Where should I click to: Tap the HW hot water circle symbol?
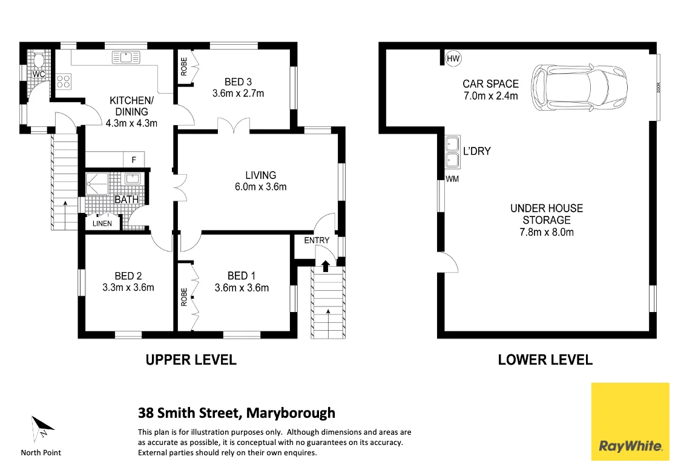(x=453, y=59)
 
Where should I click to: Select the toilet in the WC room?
(x=39, y=60)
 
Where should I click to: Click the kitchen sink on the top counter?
(x=125, y=57)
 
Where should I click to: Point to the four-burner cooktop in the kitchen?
(x=64, y=80)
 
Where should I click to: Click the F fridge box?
(x=134, y=160)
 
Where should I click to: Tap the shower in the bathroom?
(x=97, y=182)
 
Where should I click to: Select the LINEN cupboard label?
(x=102, y=224)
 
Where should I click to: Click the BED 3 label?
(x=238, y=82)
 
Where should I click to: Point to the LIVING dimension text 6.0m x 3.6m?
(x=261, y=187)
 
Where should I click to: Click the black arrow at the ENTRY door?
(x=325, y=265)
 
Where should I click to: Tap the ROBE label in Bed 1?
(x=184, y=296)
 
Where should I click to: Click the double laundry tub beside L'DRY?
(x=451, y=151)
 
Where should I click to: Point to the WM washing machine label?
(x=453, y=179)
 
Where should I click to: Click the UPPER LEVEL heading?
(x=191, y=360)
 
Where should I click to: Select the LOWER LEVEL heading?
(x=545, y=360)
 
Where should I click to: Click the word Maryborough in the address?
(x=291, y=414)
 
